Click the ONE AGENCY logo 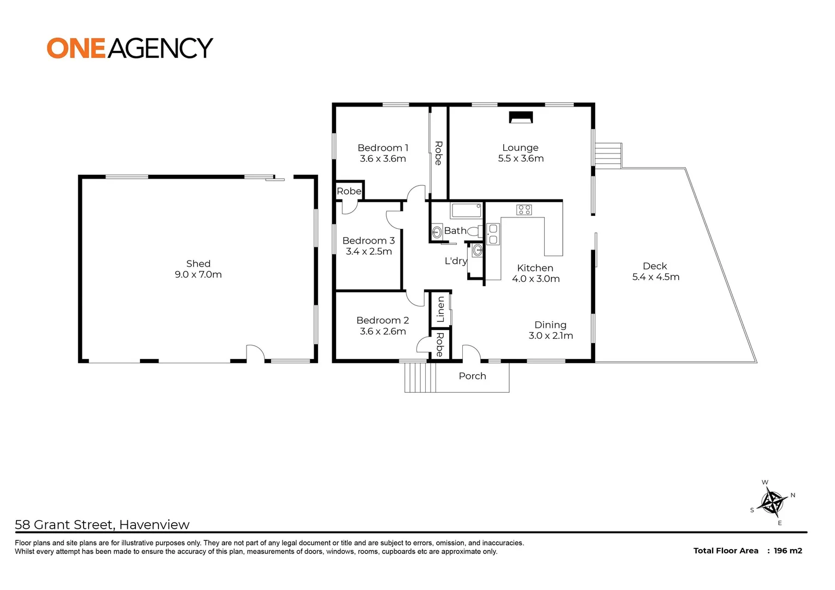click(130, 48)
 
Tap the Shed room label click(198, 264)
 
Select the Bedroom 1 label click(383, 148)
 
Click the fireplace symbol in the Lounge click(520, 117)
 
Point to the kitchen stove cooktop click(524, 210)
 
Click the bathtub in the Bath click(466, 210)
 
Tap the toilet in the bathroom click(474, 231)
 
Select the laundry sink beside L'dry click(477, 251)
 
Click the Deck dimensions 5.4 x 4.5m click(655, 277)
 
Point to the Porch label click(472, 376)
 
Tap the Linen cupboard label click(440, 309)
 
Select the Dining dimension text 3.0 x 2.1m click(550, 335)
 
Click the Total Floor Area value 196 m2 click(787, 551)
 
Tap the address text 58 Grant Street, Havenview click(102, 525)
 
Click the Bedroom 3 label click(368, 241)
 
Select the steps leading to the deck click(608, 155)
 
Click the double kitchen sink click(493, 234)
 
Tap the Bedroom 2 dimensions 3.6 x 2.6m click(383, 332)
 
